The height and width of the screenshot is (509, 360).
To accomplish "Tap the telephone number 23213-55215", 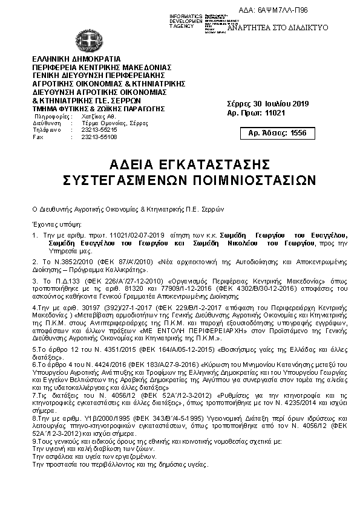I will [99, 130].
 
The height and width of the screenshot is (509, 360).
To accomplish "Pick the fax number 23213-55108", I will [99, 137].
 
